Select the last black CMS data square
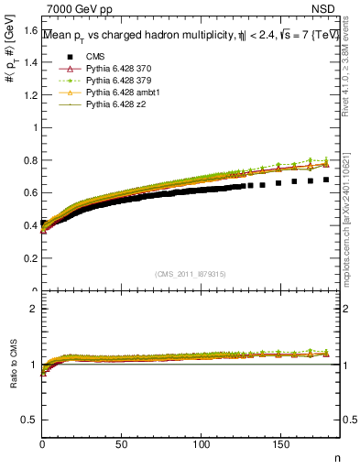pos(326,180)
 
